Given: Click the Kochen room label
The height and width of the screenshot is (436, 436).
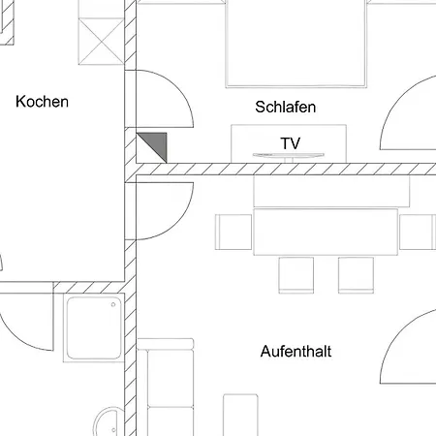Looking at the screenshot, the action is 42,102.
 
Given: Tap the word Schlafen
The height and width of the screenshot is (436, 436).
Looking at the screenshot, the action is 286,107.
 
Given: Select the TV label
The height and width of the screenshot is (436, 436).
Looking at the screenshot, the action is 291,143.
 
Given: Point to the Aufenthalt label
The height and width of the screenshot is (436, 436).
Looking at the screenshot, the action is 296,352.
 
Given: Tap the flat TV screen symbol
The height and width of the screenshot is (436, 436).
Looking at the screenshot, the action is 289,156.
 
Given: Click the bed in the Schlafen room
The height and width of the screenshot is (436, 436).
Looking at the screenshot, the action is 296,44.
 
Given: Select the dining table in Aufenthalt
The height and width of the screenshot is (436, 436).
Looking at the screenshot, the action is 326,232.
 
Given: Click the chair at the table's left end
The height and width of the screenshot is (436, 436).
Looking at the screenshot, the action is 234,232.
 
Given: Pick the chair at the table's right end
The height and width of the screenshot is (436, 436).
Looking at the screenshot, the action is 418,232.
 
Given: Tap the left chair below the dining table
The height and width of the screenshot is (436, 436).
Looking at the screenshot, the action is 296,275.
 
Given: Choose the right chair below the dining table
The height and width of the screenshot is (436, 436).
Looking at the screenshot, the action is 356,275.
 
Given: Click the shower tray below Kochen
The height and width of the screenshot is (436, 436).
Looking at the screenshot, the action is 94,327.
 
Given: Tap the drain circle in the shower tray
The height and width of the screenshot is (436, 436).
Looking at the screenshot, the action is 113,304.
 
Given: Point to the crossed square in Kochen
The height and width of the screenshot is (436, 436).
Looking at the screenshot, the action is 101,42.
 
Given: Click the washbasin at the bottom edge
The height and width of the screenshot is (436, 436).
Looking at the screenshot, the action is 109,421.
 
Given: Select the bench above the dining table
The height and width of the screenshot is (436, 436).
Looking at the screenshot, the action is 331,191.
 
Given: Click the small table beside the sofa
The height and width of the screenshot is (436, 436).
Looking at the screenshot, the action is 240,415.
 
